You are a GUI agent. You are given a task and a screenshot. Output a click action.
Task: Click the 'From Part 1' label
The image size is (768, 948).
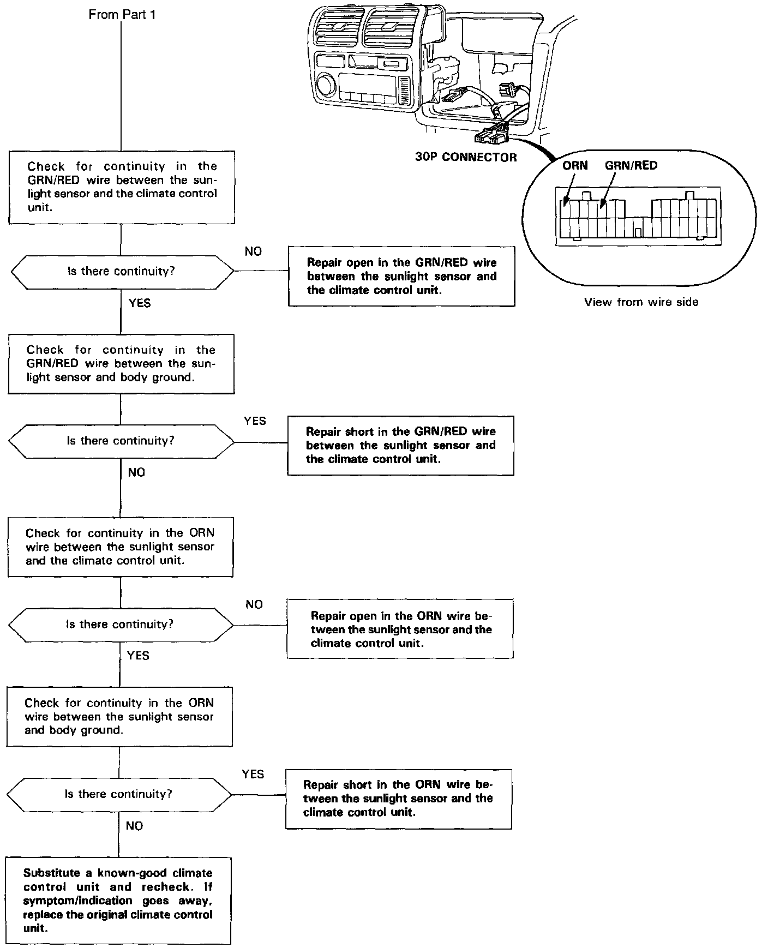pyautogui.click(x=122, y=15)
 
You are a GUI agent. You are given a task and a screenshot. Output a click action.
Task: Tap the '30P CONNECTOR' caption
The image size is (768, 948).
pyautogui.click(x=466, y=158)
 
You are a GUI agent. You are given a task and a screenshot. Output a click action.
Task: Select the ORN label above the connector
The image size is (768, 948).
pyautogui.click(x=575, y=166)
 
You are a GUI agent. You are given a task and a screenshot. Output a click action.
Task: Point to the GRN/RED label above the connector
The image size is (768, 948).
pyautogui.click(x=631, y=166)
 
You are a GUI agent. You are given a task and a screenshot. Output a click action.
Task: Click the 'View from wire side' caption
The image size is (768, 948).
pyautogui.click(x=641, y=302)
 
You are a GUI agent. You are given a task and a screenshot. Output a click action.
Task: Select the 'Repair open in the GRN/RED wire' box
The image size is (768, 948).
pyautogui.click(x=401, y=276)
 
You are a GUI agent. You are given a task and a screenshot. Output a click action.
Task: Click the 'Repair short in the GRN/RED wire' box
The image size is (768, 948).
pyautogui.click(x=400, y=445)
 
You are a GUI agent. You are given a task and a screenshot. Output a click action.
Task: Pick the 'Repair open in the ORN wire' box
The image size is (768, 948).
pyautogui.click(x=400, y=629)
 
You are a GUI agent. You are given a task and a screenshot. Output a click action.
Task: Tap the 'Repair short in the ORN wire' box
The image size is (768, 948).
pyautogui.click(x=399, y=799)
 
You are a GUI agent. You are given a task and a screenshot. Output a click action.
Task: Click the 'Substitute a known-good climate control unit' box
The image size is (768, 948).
pyautogui.click(x=118, y=900)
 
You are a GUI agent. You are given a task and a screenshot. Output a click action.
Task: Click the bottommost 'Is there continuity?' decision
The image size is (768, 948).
pyautogui.click(x=119, y=794)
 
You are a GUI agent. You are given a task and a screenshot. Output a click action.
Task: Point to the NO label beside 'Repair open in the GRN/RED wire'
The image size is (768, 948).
pyautogui.click(x=253, y=251)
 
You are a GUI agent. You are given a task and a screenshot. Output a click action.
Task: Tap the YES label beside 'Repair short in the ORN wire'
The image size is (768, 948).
pyautogui.click(x=253, y=774)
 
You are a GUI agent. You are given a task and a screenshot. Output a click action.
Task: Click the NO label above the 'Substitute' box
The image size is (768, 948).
pyautogui.click(x=134, y=826)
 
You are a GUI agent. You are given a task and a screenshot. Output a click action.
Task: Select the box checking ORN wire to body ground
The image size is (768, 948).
pyautogui.click(x=119, y=716)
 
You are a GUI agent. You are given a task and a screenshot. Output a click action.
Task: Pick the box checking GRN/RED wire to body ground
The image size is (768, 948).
pyautogui.click(x=121, y=364)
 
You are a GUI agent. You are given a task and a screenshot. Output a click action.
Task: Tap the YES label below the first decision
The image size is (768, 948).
pyautogui.click(x=140, y=303)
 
